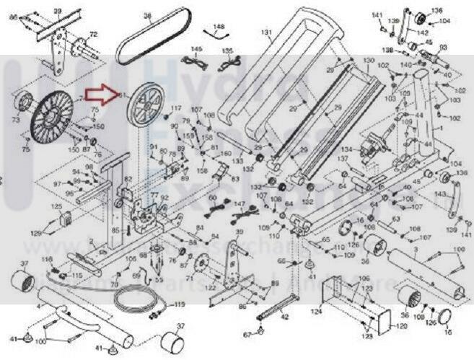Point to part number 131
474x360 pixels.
[x=266, y=32]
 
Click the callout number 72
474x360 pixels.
[x=93, y=35]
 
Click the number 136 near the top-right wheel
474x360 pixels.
[x=436, y=10]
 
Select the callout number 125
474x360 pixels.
[x=56, y=207]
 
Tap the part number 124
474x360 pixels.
[x=316, y=312]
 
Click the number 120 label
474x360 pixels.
[x=401, y=326]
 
